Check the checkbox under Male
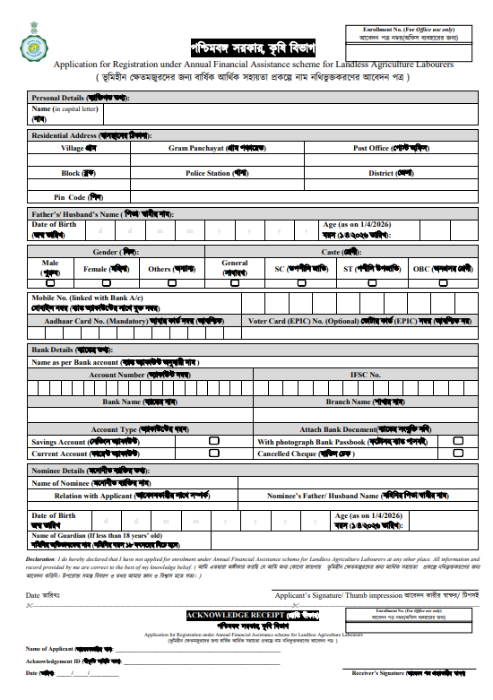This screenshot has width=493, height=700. pos(51,282)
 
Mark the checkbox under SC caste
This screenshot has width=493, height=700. pos(301,282)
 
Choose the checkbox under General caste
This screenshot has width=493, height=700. pos(235,282)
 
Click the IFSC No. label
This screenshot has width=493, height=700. pos(366,375)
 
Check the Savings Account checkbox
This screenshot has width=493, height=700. pos(213,442)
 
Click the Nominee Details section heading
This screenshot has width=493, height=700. pos(77,471)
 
